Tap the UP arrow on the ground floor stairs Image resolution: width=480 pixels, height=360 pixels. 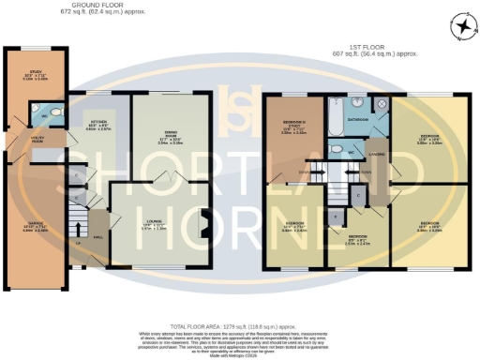pos(78,241)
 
